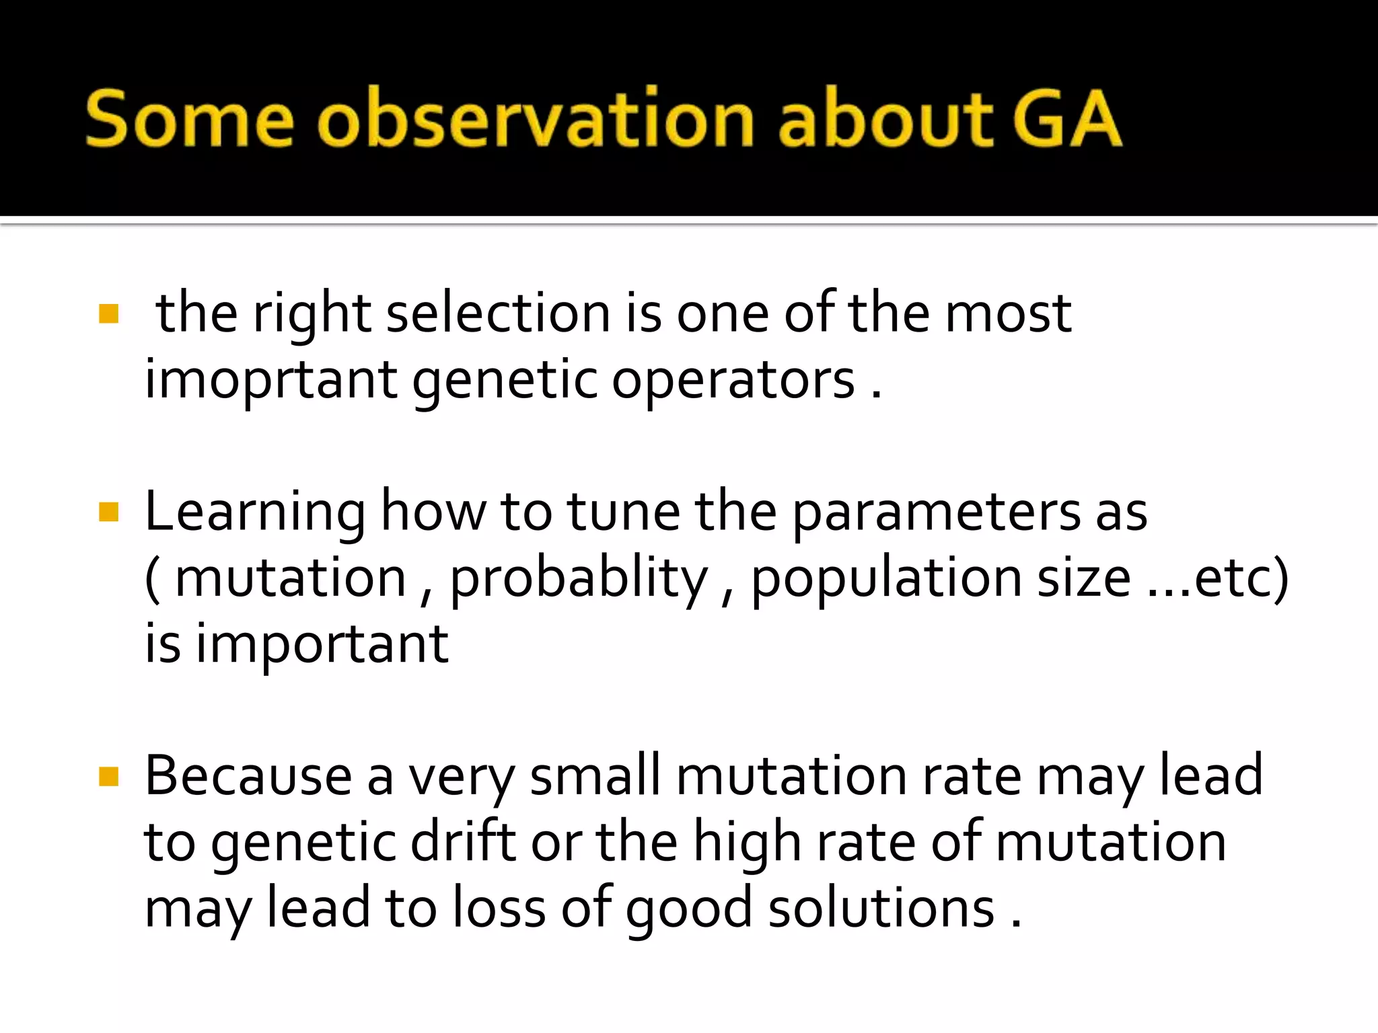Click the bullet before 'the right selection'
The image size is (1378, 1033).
[108, 314]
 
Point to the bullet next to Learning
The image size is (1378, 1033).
[108, 512]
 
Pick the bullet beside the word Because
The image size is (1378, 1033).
[108, 777]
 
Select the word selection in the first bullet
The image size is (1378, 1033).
[498, 314]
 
